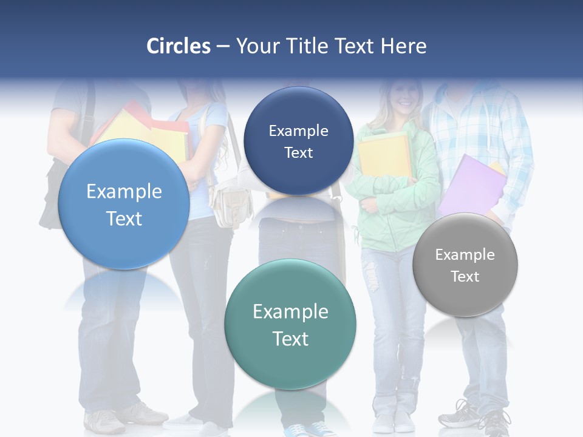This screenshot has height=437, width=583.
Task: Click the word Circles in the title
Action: (x=179, y=46)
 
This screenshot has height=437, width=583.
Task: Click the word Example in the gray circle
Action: (x=465, y=255)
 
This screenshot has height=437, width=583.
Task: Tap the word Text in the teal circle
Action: (x=290, y=339)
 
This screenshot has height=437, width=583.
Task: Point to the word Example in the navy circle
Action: (x=298, y=131)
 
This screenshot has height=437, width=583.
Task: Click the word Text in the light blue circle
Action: (x=124, y=218)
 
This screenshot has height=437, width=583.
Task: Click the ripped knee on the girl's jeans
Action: (x=372, y=276)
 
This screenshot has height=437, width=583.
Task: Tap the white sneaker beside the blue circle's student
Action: (x=104, y=421)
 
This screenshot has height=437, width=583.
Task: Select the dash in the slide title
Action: (x=223, y=47)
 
